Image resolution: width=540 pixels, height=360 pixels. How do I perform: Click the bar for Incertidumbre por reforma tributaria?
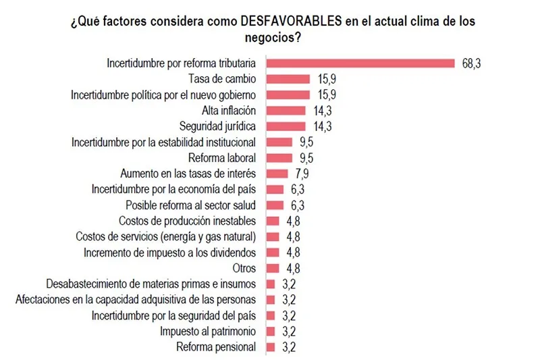point(361,63)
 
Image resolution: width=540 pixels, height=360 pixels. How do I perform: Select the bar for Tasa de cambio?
point(288,79)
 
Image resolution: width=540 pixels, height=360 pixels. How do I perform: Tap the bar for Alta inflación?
point(286,110)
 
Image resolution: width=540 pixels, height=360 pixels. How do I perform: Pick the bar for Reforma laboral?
point(279,157)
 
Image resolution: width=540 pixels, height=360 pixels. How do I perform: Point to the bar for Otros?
point(273,267)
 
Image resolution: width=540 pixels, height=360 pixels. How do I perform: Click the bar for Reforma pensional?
point(271,347)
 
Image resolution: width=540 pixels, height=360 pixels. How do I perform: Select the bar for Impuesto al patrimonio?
point(271,331)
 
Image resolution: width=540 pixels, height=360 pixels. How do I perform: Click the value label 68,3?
point(470,63)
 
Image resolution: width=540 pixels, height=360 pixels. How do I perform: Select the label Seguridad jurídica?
point(217,126)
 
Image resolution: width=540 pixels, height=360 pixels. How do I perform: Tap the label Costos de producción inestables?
point(187,221)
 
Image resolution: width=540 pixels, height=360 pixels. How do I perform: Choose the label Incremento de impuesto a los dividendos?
point(169,253)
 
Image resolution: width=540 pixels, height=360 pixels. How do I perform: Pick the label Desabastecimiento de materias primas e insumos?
point(151,284)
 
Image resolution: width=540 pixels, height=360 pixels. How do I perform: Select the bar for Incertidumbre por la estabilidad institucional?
point(279,142)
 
